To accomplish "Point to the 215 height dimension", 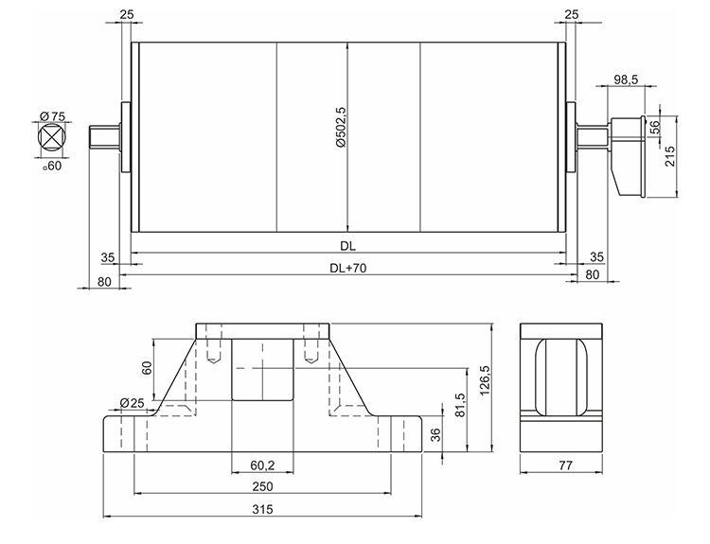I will [x=670, y=157].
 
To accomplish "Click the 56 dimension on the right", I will [x=654, y=128].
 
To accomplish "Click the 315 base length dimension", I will [x=262, y=510].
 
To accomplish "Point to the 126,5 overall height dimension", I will [x=486, y=381].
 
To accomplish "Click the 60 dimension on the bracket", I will [x=146, y=366].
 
